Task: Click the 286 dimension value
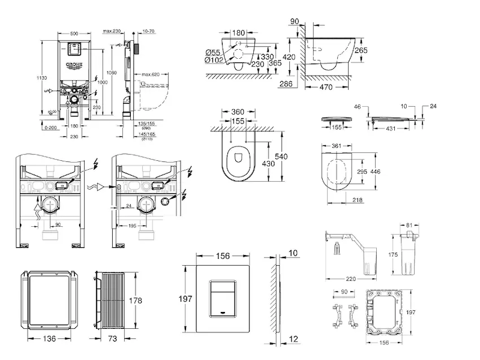[x=285, y=84]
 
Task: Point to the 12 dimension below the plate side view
[x=292, y=339]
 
